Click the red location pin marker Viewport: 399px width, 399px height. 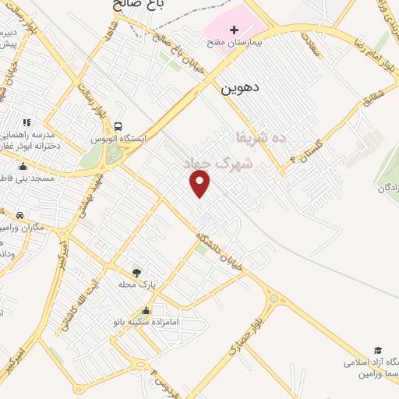pyautogui.click(x=200, y=184)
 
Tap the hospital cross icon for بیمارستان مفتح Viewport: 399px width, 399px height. pyautogui.click(x=213, y=29)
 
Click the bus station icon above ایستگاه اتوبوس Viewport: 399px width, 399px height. pyautogui.click(x=118, y=126)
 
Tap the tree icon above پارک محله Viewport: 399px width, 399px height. pyautogui.click(x=137, y=272)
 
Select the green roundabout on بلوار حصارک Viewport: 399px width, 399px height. pyautogui.click(x=273, y=299)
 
